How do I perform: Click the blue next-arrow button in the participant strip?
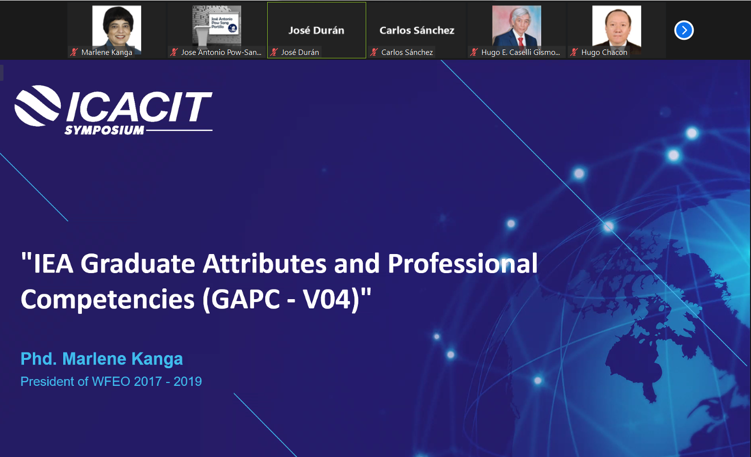point(684,30)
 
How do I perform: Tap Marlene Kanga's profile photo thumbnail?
point(117,29)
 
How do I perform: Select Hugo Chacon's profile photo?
point(617,29)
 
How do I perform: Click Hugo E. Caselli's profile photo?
point(517,26)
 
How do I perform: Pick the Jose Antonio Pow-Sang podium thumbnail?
point(217,26)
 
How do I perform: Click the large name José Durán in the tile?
point(317,30)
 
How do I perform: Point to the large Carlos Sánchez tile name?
point(417,30)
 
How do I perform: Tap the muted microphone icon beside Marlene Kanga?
point(74,52)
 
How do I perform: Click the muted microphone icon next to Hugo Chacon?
point(574,52)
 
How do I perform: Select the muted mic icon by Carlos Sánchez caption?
point(374,52)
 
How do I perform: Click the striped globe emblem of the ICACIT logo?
point(38,105)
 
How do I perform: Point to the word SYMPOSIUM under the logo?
point(104,130)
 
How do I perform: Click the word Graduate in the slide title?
point(138,263)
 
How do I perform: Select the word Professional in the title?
point(463,263)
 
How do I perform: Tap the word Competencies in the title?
point(108,300)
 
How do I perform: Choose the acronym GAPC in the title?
point(246,300)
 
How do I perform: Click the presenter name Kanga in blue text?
point(157,359)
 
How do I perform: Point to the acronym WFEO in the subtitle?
point(111,381)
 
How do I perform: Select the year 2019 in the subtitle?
point(188,381)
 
